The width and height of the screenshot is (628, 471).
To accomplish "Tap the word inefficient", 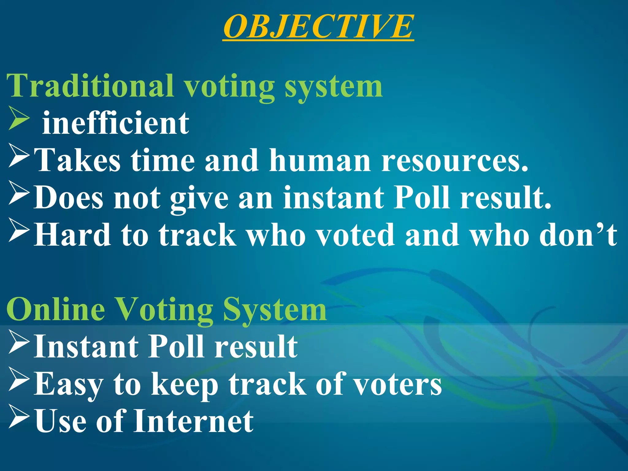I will (116, 123).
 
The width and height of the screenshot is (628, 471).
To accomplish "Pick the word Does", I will (68, 198).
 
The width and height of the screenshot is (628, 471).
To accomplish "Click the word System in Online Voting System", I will (274, 310).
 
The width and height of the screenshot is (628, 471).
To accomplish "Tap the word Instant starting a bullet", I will (86, 347).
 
